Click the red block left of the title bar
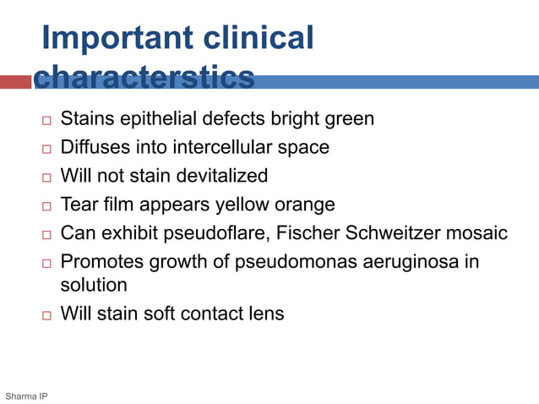[x=15, y=82]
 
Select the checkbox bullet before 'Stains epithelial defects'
[x=46, y=120]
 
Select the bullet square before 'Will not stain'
[x=46, y=177]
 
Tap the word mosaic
[x=480, y=233]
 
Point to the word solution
[x=93, y=285]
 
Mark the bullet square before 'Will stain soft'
[x=46, y=315]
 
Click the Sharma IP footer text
[x=26, y=396]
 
